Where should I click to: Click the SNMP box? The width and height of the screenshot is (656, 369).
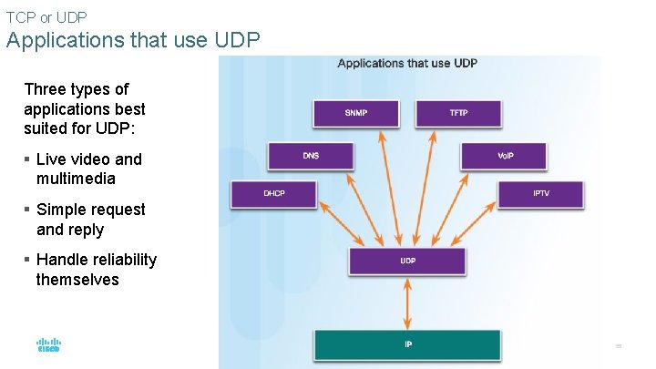coord(356,113)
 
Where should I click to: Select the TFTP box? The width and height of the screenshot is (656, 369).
coord(458,113)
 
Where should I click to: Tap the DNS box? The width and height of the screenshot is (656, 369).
coord(311,156)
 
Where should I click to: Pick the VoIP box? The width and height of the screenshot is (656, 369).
coord(505,156)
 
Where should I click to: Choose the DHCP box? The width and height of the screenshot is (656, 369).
coord(273,194)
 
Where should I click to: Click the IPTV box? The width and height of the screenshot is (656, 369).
coord(541,194)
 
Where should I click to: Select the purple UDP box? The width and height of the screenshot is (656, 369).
coord(407,261)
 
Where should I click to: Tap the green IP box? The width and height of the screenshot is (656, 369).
coord(407,345)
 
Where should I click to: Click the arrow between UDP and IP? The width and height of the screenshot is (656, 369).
coord(407,302)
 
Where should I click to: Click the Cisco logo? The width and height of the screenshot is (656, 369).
coord(48,345)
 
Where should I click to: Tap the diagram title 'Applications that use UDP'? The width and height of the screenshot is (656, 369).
coord(407,64)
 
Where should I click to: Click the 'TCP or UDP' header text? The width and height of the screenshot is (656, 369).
coord(47,16)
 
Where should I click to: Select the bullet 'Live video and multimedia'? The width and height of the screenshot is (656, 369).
coord(88,169)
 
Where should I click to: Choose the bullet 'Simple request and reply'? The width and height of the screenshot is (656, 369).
coord(90,220)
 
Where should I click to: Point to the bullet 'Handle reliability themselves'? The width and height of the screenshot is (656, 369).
coord(96,270)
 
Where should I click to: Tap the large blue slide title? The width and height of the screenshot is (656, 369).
coord(133,40)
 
